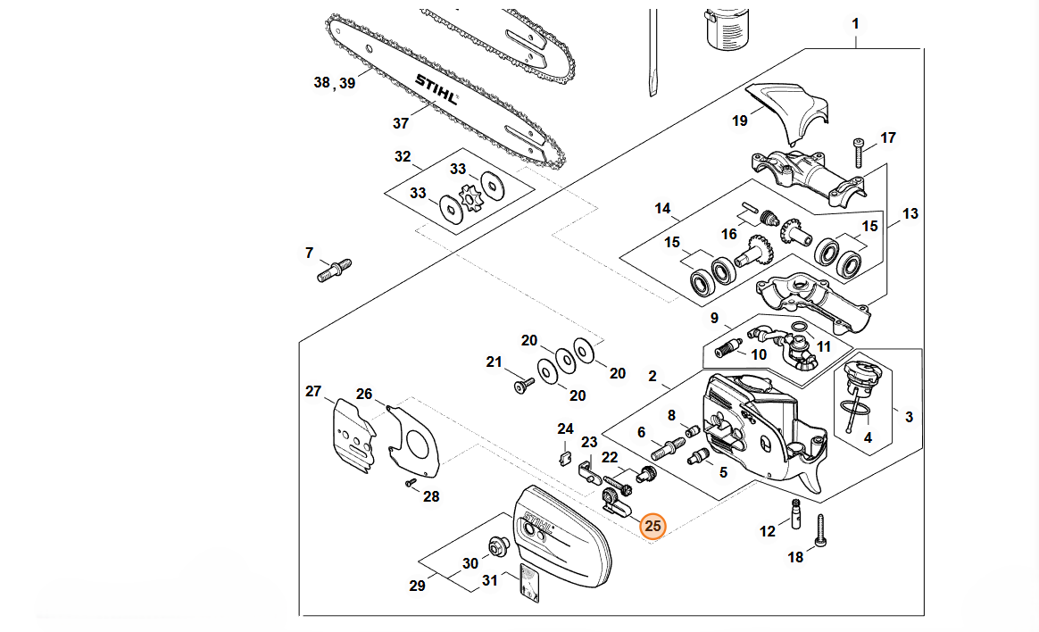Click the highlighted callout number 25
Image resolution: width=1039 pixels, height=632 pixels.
point(653,527)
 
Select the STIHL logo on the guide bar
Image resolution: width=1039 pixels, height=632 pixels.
point(436,89)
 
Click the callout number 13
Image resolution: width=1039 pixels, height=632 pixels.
point(910,214)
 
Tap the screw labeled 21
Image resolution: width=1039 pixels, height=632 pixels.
point(522,386)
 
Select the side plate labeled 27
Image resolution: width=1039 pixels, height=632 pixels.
point(351,437)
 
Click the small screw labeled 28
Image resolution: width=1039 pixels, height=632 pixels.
point(410,482)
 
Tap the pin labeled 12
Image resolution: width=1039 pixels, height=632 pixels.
point(793,515)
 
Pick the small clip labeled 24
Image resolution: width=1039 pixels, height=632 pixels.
point(563,459)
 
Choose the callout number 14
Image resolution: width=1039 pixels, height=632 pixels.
point(662,209)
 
